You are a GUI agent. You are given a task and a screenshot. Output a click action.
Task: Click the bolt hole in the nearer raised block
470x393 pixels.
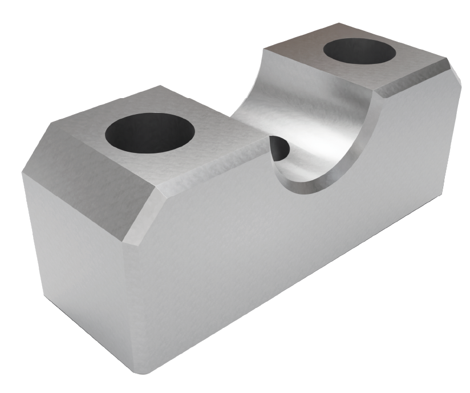pos(150,132)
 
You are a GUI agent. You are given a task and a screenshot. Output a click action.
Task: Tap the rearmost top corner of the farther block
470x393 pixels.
pos(341,23)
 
